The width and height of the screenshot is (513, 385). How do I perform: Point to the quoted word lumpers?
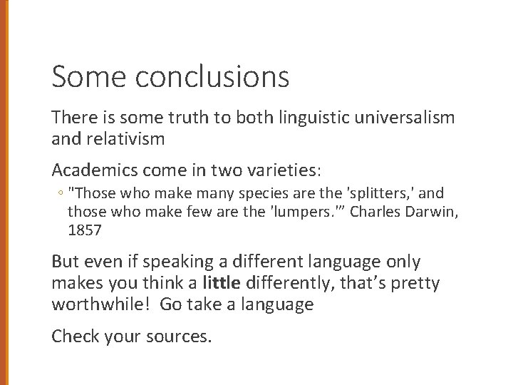(311, 212)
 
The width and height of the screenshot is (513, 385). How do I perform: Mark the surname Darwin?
(435, 212)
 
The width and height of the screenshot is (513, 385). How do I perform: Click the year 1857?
(84, 230)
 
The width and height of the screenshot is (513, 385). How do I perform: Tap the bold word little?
(222, 284)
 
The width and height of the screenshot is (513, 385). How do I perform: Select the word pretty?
(415, 284)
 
